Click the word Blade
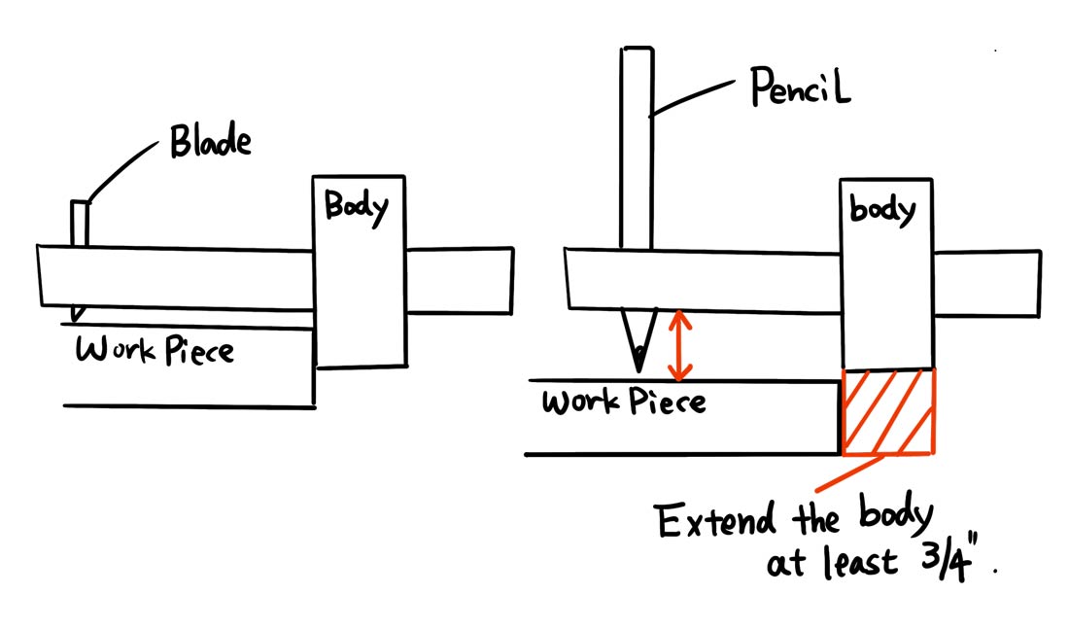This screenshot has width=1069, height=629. [x=211, y=142]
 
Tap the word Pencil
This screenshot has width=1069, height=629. [x=801, y=91]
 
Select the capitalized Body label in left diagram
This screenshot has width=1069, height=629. [x=356, y=207]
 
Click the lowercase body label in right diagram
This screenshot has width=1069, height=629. [x=882, y=210]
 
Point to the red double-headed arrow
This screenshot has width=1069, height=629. [x=681, y=344]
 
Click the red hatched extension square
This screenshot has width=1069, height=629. [x=888, y=411]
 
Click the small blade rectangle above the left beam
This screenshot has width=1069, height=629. [x=80, y=223]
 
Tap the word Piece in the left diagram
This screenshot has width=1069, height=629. [x=195, y=350]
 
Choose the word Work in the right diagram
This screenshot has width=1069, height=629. [x=579, y=402]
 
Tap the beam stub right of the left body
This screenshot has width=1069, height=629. [x=459, y=281]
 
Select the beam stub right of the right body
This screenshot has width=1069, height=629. [x=986, y=283]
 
